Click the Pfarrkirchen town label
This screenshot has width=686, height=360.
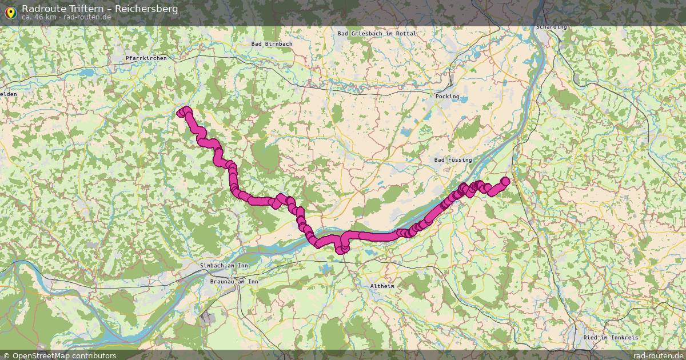pyautogui.click(x=146, y=58)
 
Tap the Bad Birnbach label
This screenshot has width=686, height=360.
pyautogui.click(x=272, y=43)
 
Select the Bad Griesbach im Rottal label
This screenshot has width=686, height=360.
pyautogui.click(x=377, y=34)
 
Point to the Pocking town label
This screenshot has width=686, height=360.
pyautogui.click(x=447, y=97)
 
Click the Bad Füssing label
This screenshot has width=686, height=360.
pyautogui.click(x=453, y=160)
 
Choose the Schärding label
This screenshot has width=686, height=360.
pyautogui.click(x=552, y=27)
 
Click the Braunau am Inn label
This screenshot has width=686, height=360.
pyautogui.click(x=234, y=282)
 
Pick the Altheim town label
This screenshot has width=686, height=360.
pyautogui.click(x=382, y=286)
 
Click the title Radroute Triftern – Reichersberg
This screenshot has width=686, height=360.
pyautogui.click(x=99, y=9)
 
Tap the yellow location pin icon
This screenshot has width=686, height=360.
pyautogui.click(x=10, y=11)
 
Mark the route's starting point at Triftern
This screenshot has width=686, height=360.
pyautogui.click(x=182, y=113)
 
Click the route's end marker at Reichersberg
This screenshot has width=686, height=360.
pyautogui.click(x=505, y=181)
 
